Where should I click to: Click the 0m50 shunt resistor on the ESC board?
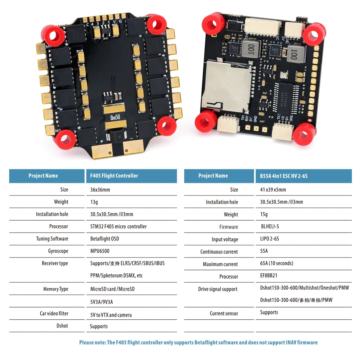pyautogui.click(x=115, y=117)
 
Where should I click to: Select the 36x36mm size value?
pyautogui.click(x=100, y=190)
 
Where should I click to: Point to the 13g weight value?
pyautogui.click(x=94, y=202)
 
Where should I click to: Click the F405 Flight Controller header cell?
pyautogui.click(x=114, y=176)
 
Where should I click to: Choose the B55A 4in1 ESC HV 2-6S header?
pyautogui.click(x=284, y=176)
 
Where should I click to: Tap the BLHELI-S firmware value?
pyautogui.click(x=270, y=226)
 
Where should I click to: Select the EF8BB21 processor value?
pyautogui.click(x=270, y=276)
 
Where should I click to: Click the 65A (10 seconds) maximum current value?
pyautogui.click(x=277, y=264)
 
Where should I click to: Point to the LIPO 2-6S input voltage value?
pyautogui.click(x=270, y=239)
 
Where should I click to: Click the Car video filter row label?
pyautogui.click(x=54, y=314)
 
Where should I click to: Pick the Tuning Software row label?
pyautogui.click(x=52, y=239)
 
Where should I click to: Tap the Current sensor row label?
pyautogui.click(x=224, y=314)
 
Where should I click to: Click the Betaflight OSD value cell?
pyautogui.click(x=105, y=239)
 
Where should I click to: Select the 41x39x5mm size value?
pyautogui.click(x=273, y=190)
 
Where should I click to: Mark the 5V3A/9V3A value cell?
pyautogui.click(x=104, y=302)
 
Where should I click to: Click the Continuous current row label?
pyautogui.click(x=219, y=252)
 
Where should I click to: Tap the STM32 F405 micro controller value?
pyautogui.click(x=118, y=226)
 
